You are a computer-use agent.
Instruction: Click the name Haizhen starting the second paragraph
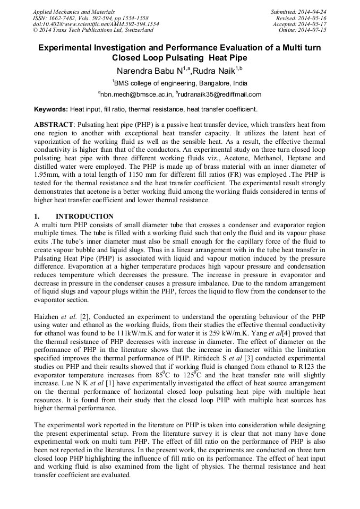pos(47,316)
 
